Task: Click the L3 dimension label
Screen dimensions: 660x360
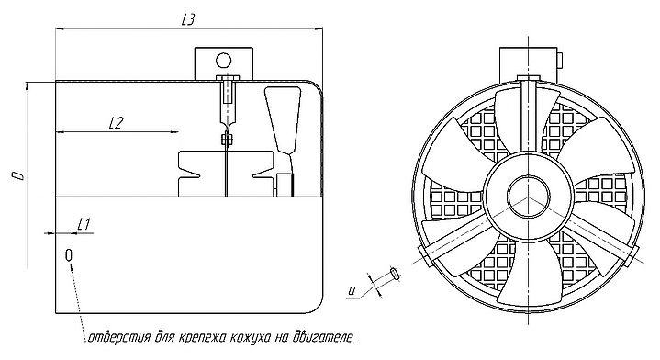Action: pyautogui.click(x=187, y=20)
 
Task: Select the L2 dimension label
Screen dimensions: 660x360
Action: pyautogui.click(x=116, y=123)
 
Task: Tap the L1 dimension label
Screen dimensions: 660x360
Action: pyautogui.click(x=84, y=224)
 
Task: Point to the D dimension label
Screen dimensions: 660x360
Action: pyautogui.click(x=17, y=175)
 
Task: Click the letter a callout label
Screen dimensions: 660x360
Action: pyautogui.click(x=352, y=289)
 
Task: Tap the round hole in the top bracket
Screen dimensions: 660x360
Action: pyautogui.click(x=223, y=61)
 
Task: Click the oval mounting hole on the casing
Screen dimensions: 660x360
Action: pyautogui.click(x=69, y=255)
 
